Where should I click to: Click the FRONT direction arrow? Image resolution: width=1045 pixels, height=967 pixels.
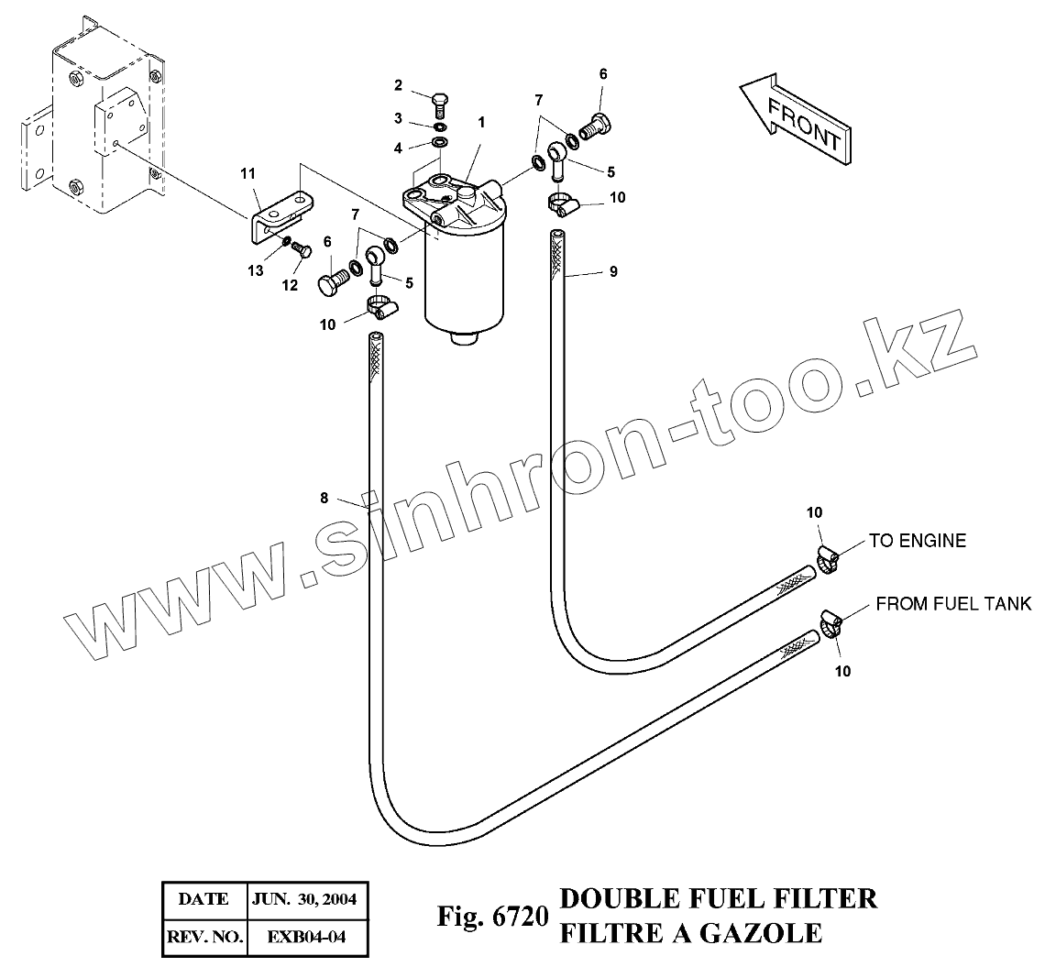[x=795, y=119]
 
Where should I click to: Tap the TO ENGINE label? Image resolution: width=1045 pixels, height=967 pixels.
[x=917, y=541]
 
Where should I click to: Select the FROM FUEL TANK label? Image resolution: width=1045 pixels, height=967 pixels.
[x=953, y=604]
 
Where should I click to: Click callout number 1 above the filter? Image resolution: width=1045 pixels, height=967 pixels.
[x=480, y=121]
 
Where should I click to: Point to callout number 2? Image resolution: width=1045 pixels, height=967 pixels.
[x=399, y=86]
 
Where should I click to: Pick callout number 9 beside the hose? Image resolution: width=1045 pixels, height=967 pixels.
[x=612, y=270]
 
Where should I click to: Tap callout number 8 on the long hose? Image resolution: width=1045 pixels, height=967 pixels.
[x=324, y=499]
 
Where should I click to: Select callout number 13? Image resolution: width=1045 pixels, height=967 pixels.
[x=255, y=270]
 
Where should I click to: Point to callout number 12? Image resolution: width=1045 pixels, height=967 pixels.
[x=290, y=285]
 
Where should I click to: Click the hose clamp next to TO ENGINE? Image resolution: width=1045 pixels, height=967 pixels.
[x=827, y=558]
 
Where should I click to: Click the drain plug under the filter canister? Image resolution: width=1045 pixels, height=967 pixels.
[x=467, y=339]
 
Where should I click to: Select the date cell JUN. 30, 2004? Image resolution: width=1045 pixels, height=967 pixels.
[x=306, y=898]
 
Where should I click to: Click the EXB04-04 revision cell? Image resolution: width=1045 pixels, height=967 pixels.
[x=306, y=938]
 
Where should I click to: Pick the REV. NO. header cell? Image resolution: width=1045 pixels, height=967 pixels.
[x=203, y=938]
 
